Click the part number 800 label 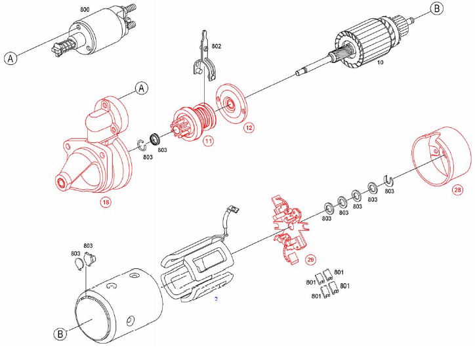(x=85, y=10)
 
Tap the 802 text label (x=217, y=47)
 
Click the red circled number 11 (x=208, y=140)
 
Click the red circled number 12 (x=249, y=128)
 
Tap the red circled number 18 (x=106, y=202)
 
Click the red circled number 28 (x=457, y=190)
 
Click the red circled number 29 (x=310, y=260)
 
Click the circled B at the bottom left (x=60, y=334)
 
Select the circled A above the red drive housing (x=140, y=87)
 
